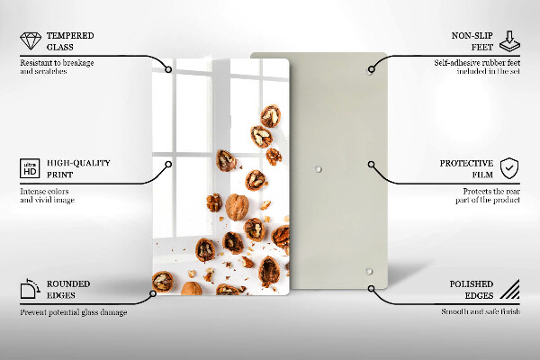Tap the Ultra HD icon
(29, 167)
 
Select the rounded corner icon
(29, 289)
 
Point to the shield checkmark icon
(509, 167)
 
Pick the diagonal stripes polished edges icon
(509, 289)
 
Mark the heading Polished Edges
(471, 290)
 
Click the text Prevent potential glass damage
(73, 311)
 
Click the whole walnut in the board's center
(237, 206)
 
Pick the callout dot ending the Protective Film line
(371, 165)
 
